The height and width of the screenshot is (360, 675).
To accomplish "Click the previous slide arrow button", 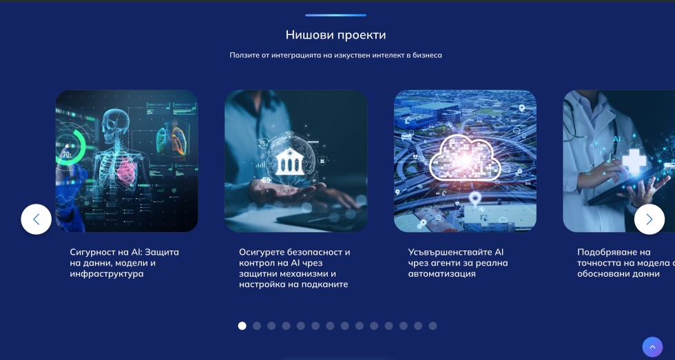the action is click(36, 220).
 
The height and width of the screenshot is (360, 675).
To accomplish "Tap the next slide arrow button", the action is click(649, 220).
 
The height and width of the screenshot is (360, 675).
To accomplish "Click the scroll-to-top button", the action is click(653, 347).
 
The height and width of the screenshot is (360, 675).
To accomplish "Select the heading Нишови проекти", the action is click(336, 35).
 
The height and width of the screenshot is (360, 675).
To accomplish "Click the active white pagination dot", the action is click(242, 326).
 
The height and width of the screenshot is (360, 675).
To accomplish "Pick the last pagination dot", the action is click(433, 326).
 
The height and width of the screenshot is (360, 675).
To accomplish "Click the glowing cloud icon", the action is click(466, 158).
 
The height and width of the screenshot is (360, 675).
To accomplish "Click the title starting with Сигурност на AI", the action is click(124, 263).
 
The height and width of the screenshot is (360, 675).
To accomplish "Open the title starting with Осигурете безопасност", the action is click(295, 268).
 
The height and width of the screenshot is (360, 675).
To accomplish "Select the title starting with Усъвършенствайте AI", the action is click(458, 263).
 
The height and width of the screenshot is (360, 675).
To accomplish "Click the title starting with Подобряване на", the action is click(626, 263).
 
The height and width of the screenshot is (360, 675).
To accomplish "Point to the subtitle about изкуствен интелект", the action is click(336, 55).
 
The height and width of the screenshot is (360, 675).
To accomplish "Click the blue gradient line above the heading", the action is click(336, 15).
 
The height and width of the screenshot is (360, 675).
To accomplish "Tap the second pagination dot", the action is click(256, 326).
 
